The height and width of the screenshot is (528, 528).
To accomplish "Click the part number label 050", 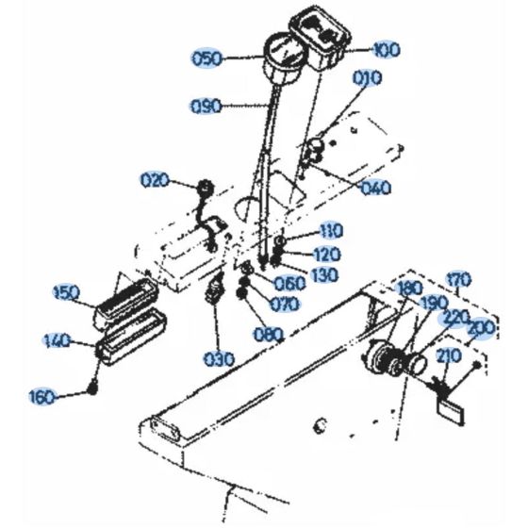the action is coord(207,58).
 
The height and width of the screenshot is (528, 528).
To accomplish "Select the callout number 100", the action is coord(386,50).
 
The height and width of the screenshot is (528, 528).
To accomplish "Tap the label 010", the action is coord(368,78).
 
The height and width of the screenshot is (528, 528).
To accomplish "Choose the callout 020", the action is coord(155,180).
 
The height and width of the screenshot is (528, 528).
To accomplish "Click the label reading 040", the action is coord(376,188).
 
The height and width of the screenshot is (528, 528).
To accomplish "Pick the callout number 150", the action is coord(67,292).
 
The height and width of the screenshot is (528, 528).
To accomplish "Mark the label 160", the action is coord(42,397).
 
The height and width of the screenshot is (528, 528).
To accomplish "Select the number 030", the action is coord(219,359).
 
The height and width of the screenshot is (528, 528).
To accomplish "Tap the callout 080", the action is coord(269,335).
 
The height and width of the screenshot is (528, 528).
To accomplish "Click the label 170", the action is coord(458,279).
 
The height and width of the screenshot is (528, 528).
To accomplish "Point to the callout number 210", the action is coord(449,356).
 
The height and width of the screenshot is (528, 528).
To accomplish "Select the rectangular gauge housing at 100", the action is coord(320,36).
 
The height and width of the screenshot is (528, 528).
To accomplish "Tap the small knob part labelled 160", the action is coord(92,389).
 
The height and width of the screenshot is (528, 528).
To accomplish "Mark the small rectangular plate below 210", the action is coord(451,410).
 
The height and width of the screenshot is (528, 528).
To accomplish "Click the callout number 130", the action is coord(323,275).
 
